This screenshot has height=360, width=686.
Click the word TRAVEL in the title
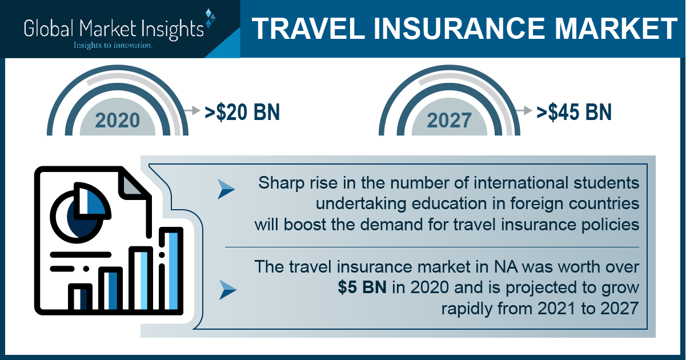tap(308, 29)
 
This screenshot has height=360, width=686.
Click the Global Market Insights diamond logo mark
tap(210, 18)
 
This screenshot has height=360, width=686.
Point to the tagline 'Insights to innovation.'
tap(113, 45)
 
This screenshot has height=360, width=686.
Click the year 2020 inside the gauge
tap(117, 120)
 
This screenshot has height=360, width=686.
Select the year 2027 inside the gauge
tap(450, 120)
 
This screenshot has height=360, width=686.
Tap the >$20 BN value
tap(242, 113)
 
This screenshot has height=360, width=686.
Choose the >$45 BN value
tap(574, 113)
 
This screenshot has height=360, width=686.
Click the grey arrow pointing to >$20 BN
tap(192, 110)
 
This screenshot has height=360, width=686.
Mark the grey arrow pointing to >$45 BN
tap(524, 110)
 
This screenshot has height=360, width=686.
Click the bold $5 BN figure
tap(362, 287)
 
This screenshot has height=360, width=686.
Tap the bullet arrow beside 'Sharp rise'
tap(226, 189)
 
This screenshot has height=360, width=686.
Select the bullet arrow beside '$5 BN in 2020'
tap(228, 290)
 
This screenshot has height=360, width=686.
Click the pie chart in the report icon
tap(80, 213)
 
